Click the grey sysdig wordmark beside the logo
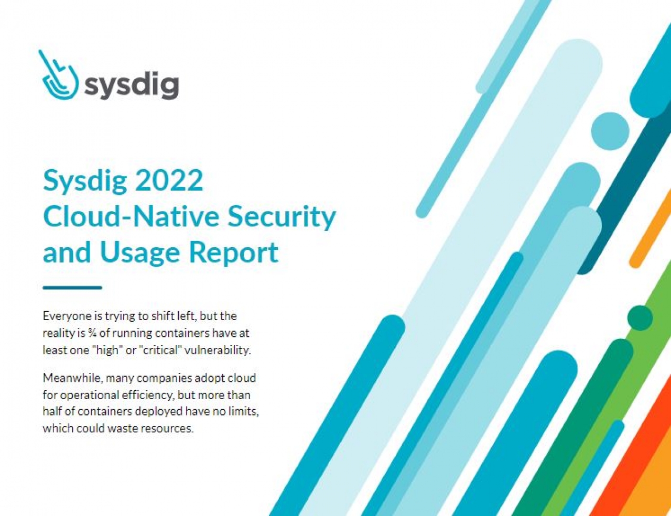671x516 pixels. (x=132, y=85)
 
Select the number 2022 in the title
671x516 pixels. (x=169, y=181)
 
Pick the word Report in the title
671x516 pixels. (x=233, y=252)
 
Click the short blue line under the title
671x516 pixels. (x=72, y=288)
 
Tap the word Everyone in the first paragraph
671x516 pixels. (x=63, y=316)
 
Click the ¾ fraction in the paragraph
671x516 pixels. (x=92, y=333)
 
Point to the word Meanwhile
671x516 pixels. (x=72, y=378)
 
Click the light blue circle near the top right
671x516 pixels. (x=610, y=131)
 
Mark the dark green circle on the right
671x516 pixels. (x=640, y=318)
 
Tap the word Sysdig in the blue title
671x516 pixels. (x=85, y=181)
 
